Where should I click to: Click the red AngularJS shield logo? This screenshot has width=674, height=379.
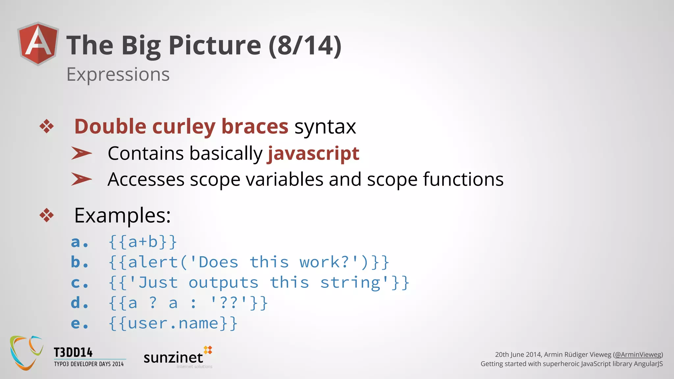coord(39,44)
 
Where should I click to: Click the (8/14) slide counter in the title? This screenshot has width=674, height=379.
coord(305,45)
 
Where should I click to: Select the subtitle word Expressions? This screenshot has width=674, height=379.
coord(118,74)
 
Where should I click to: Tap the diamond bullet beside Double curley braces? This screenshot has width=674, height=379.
coord(47,126)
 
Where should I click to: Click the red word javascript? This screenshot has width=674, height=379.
coord(313,153)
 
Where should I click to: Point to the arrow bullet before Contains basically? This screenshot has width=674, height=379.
coord(81,153)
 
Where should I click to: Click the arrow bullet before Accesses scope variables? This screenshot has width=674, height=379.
coord(81,179)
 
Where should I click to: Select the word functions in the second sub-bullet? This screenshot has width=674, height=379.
coord(463,179)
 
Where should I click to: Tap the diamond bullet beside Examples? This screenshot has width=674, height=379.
coord(47,215)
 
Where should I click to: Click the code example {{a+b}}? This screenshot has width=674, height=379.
coord(143,242)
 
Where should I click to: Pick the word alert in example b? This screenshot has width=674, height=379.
coord(153,263)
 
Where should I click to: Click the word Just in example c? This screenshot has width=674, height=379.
coord(158,283)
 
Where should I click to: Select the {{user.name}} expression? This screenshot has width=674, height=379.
coord(173,323)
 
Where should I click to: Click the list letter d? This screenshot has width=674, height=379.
coord(79,303)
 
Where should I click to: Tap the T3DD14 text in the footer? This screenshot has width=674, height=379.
coord(73,353)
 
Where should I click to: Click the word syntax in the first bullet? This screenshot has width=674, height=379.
coord(325,127)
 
